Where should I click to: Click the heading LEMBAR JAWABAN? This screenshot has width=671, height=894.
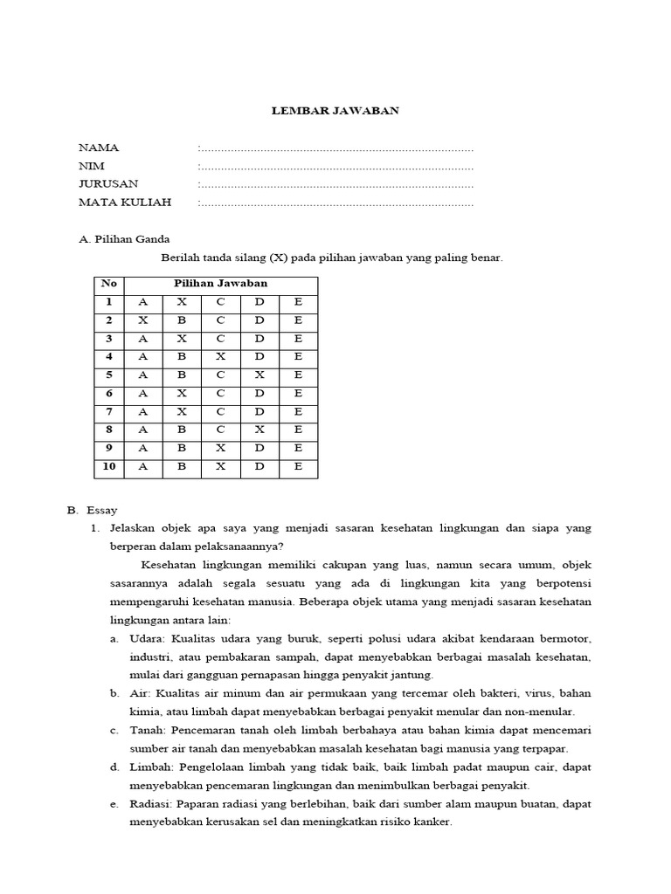pos(335,110)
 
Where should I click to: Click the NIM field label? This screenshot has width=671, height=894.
pos(91,166)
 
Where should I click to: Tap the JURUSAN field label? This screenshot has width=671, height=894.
pos(108,184)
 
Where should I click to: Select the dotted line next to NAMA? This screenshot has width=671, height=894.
pos(336,148)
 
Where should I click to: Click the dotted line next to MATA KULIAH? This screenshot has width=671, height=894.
pos(336,203)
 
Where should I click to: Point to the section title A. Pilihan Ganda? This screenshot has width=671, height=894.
pos(124,238)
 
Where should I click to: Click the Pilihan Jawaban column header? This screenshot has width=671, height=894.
pos(220,284)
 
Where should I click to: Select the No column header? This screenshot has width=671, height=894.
pos(109,284)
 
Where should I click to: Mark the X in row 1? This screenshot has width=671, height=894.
pos(182,302)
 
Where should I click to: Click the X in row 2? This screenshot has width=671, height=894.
pos(143,320)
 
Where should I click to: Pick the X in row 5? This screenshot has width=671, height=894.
pos(259,375)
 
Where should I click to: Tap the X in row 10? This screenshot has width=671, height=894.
pos(221,467)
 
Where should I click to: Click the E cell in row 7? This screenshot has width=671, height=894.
pos(298,412)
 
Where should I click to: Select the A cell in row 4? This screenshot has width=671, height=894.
pos(143,357)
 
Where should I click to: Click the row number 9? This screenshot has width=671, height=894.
pos(109,449)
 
